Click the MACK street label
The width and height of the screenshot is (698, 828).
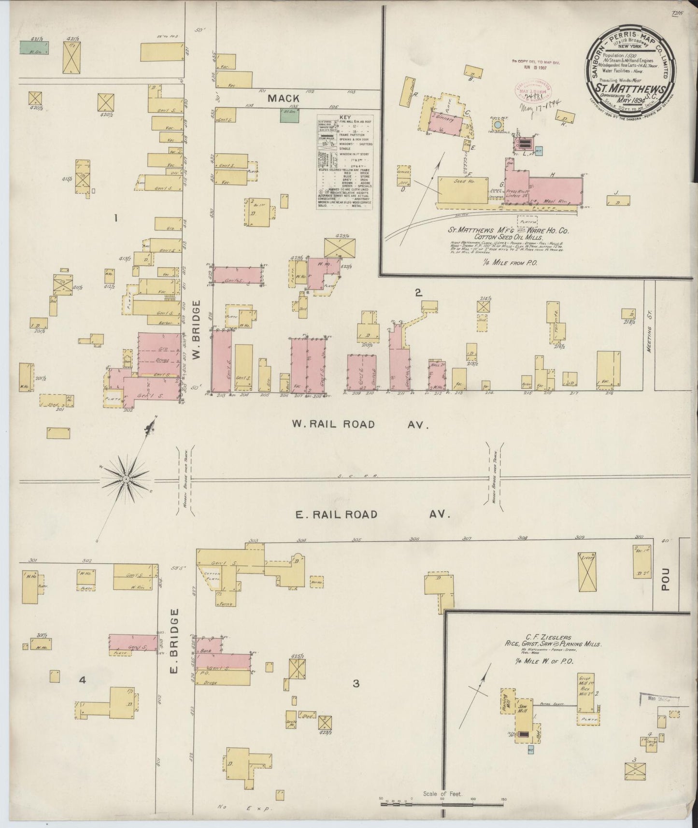[x=284, y=98]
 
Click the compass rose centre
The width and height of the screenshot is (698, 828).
[x=126, y=479]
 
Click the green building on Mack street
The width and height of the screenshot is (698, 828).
[x=290, y=115]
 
